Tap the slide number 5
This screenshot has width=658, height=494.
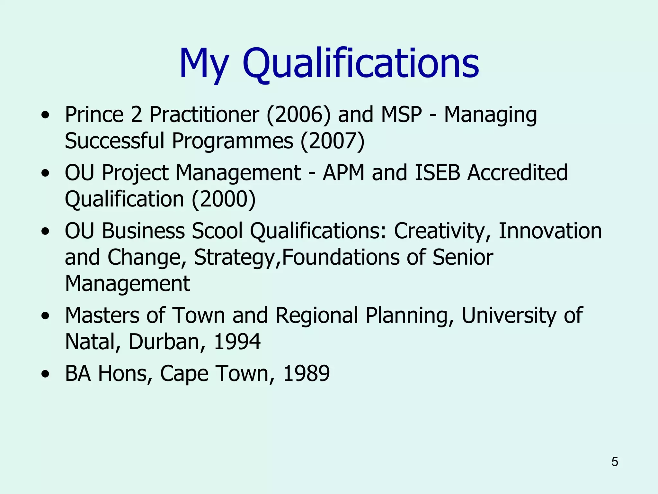tap(615, 462)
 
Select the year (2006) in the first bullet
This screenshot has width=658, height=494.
tap(298, 115)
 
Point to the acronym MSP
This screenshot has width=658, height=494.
tap(401, 114)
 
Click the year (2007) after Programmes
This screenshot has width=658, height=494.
tap(333, 141)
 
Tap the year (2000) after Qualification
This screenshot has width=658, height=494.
tap(224, 199)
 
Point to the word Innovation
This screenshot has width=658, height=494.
tap(550, 231)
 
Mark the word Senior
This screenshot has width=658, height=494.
tap(463, 257)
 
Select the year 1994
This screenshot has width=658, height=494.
tap(237, 342)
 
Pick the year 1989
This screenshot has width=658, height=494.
tap(306, 373)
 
